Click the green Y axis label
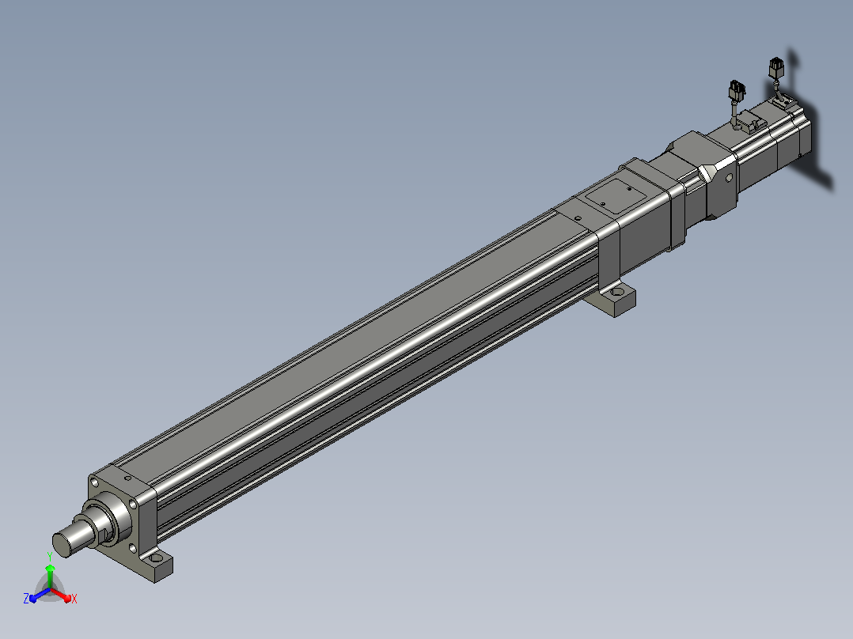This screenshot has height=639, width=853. (x=50, y=557)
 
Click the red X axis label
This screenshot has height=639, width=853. (x=74, y=599)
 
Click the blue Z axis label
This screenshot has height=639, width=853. (x=26, y=598)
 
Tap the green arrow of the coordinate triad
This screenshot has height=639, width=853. (x=50, y=576)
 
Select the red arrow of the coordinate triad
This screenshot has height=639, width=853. (x=61, y=595)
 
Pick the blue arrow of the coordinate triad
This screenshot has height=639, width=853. (x=40, y=595)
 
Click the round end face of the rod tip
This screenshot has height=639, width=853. (x=62, y=546)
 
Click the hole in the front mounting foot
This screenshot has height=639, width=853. (x=157, y=558)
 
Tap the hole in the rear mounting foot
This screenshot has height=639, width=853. (x=617, y=293)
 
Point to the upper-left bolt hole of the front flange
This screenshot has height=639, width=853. (x=95, y=482)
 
